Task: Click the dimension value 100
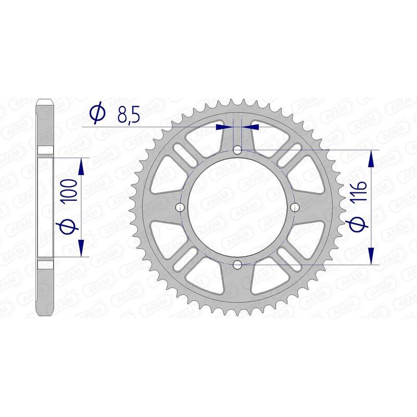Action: coord(71,190)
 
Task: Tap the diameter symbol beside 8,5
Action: coord(97,114)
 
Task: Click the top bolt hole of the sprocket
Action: coord(237,150)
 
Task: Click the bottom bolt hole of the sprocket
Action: coord(237,264)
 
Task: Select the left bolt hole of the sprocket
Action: coord(180,207)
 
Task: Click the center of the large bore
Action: coord(237,207)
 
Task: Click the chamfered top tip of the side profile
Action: coord(46,101)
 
